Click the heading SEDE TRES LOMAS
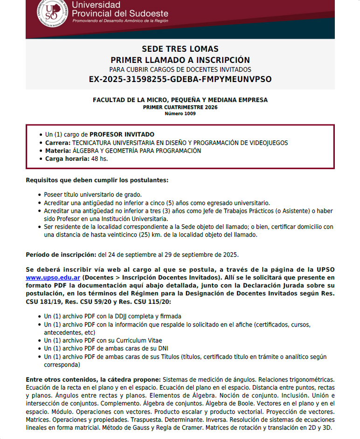(180, 49)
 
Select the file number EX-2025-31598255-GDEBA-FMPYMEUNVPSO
(180, 79)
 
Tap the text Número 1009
(180, 113)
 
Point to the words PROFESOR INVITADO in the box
(122, 135)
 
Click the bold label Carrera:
(58, 143)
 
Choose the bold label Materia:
(58, 151)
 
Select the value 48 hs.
(99, 158)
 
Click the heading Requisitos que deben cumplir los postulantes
(97, 180)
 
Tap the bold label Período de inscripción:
(61, 255)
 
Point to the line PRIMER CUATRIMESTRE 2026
(180, 107)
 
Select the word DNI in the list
(164, 348)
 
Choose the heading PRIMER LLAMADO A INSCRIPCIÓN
(180, 59)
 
